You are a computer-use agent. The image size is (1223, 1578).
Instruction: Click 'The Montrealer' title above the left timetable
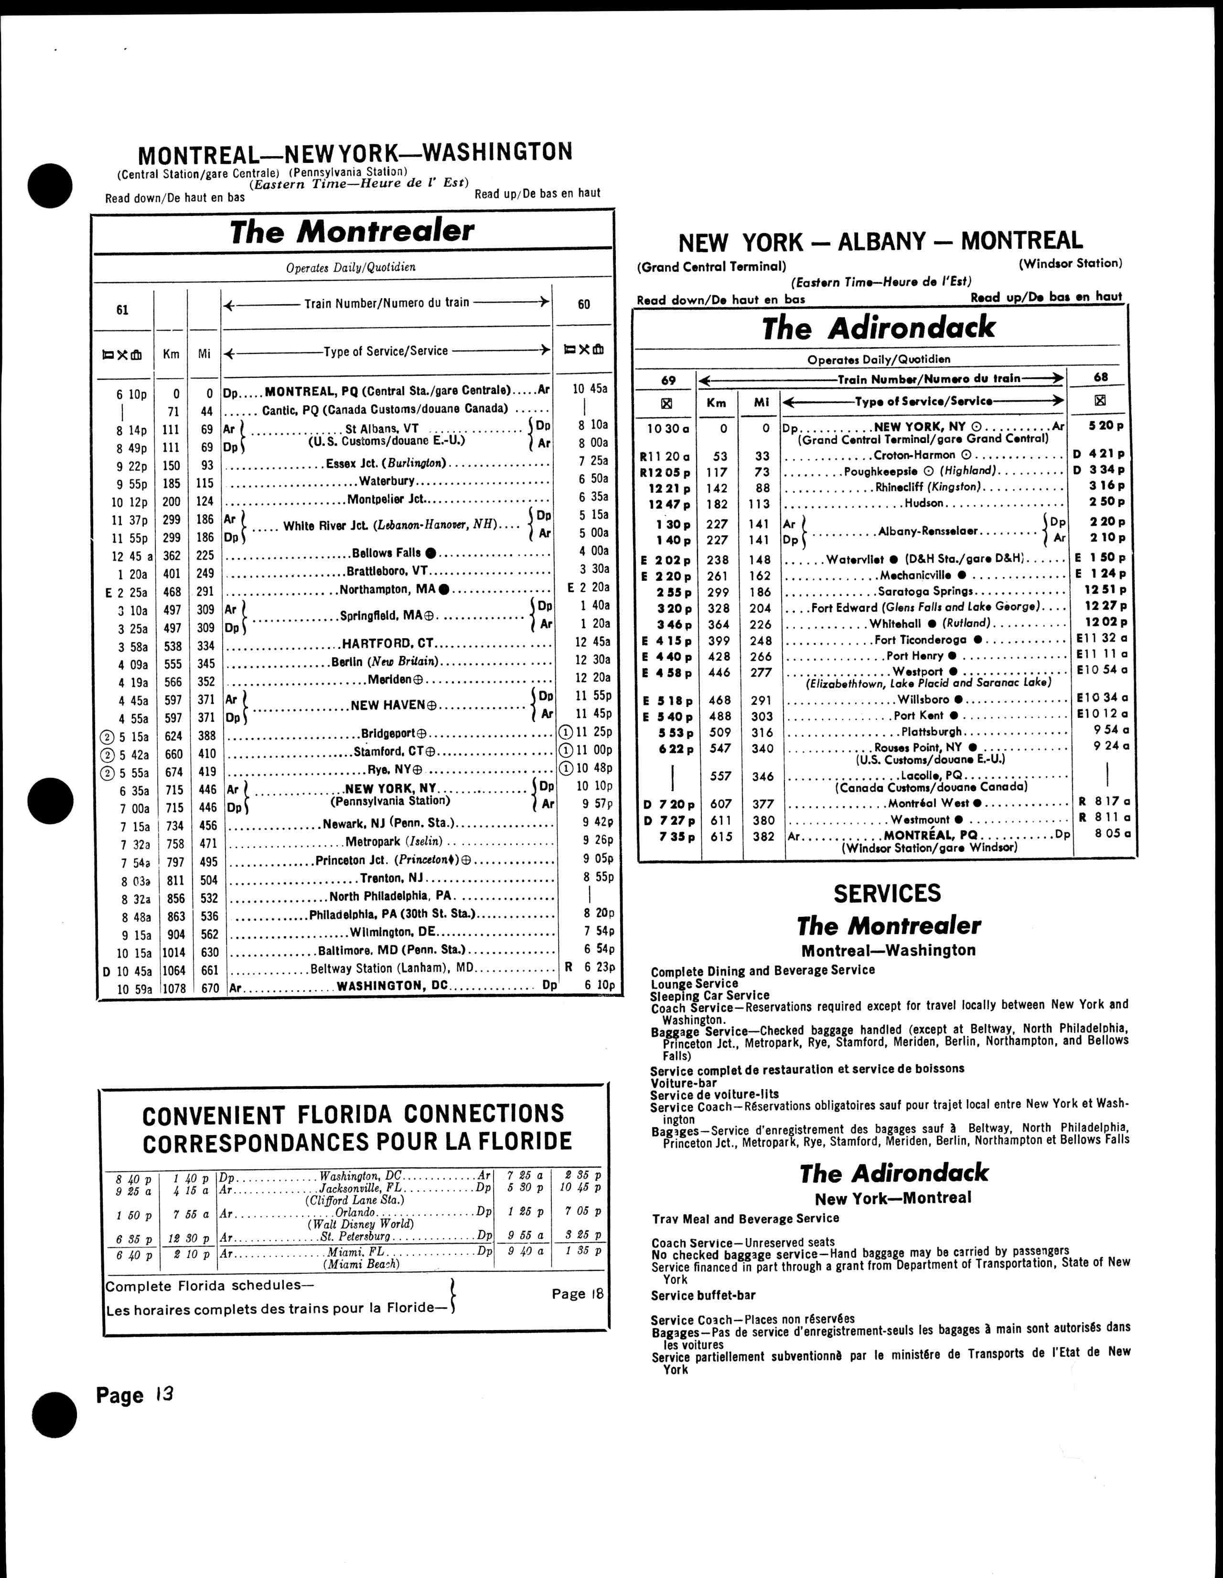pos(352,231)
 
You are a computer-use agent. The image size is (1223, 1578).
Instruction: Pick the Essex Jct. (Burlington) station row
pos(386,463)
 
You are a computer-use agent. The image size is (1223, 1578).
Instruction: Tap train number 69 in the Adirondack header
pos(668,379)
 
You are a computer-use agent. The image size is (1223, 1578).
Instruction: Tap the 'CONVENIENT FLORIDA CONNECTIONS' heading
pos(353,1114)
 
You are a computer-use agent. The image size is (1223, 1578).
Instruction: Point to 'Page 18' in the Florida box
pos(577,1293)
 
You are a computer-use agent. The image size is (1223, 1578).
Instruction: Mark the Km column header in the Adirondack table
pos(716,403)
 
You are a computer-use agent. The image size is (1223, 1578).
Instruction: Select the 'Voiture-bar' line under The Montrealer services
pos(684,1082)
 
